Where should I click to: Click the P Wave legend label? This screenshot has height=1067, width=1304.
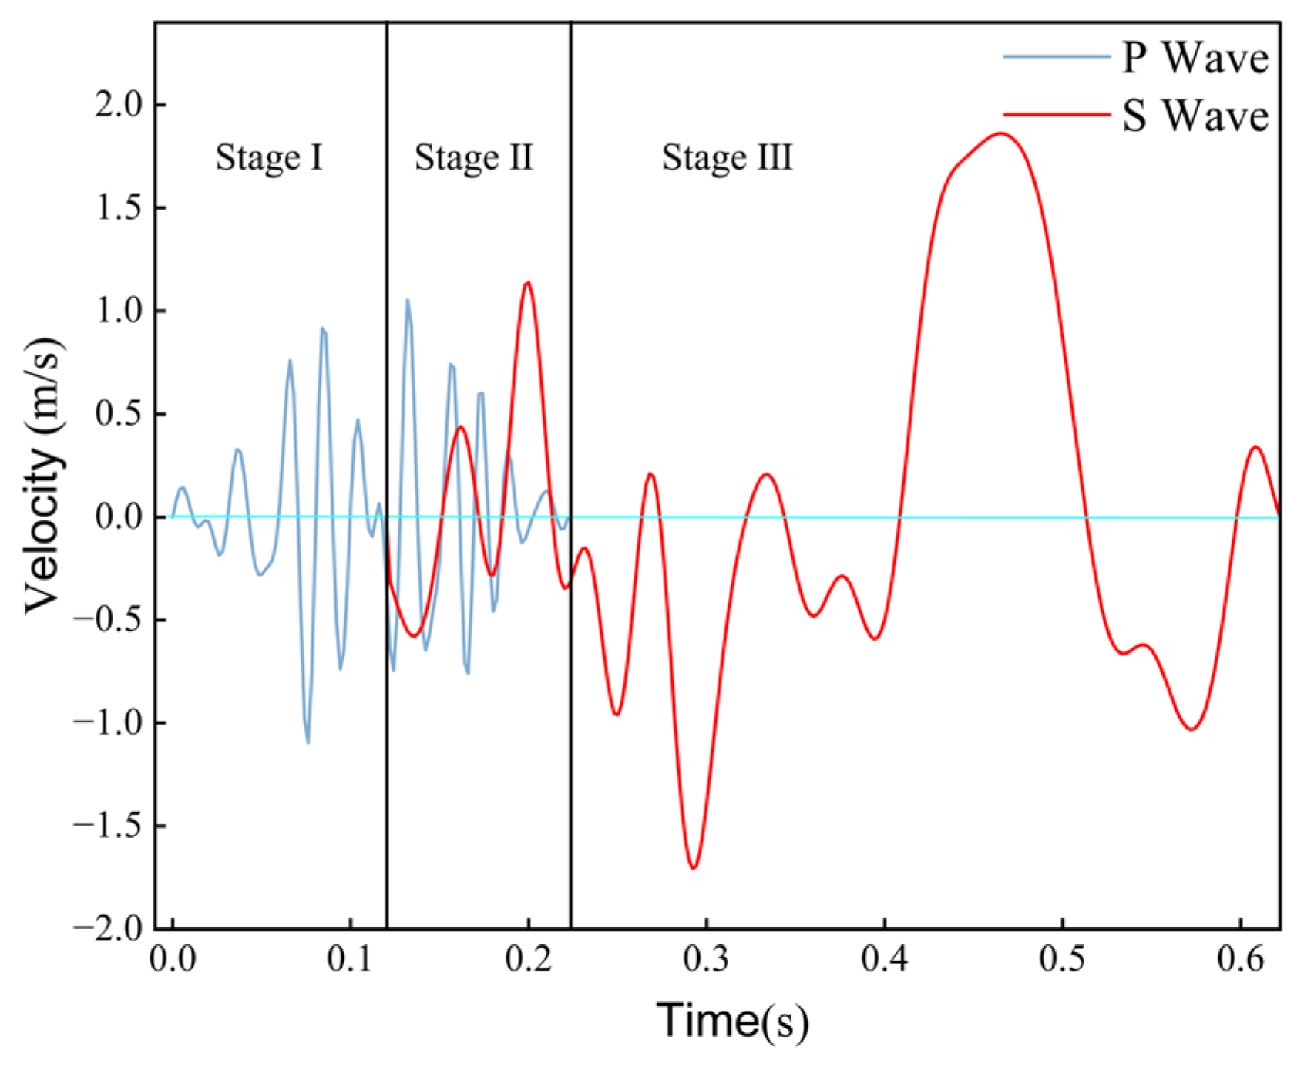1195,58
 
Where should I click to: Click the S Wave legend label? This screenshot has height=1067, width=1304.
1195,116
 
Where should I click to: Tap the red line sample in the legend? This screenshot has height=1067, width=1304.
1057,114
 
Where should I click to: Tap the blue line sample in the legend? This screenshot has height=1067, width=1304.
1057,57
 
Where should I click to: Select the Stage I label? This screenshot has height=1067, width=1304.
269,158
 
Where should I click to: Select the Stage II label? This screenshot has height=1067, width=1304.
473,158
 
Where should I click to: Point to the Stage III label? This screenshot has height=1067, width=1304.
727,158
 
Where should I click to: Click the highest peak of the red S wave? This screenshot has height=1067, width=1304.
1000,133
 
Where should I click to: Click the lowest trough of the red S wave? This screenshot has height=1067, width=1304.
694,868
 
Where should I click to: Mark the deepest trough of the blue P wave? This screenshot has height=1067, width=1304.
308,742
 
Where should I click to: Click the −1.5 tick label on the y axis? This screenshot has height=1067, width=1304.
109,826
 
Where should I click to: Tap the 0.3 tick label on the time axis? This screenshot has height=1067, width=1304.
706,960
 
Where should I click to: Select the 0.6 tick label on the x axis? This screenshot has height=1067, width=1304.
1240,960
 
